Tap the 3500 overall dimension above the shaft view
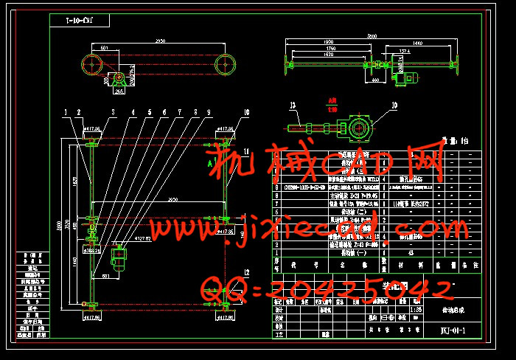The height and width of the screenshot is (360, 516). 372,36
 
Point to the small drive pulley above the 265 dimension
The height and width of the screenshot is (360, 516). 117,77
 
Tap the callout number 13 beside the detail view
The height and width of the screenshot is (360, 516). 293,105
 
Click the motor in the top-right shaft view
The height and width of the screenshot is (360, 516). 405,76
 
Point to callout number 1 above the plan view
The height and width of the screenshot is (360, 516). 66,112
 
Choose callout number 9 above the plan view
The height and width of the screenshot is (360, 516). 209,112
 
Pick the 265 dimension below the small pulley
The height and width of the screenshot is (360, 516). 118,92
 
